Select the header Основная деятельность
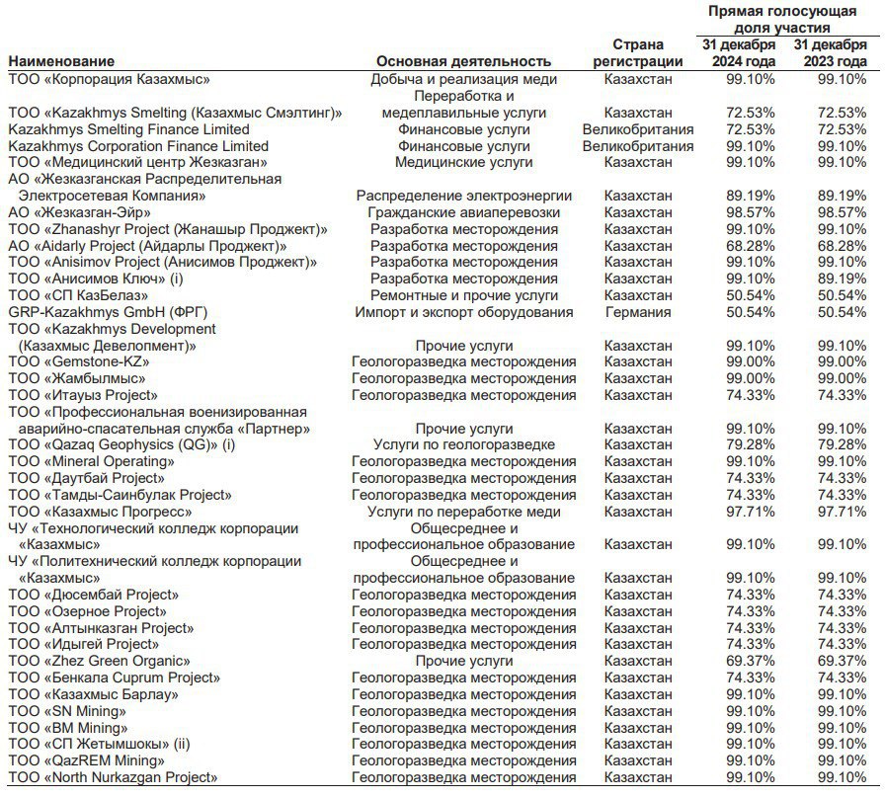463,61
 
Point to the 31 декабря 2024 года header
740,53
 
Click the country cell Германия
637,312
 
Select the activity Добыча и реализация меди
463,79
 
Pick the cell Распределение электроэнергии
463,196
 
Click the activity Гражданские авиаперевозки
463,212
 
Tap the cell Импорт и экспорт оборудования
463,312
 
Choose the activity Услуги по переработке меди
463,512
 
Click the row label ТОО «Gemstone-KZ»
78,362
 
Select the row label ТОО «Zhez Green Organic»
99,661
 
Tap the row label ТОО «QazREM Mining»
87,760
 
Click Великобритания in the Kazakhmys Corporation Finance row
637,146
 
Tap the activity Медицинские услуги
463,162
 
